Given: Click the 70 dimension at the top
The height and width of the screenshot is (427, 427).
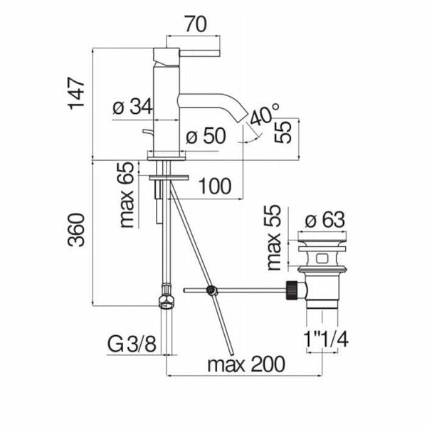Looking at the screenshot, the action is [x=196, y=24].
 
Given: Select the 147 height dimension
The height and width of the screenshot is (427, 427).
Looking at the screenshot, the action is [x=76, y=93].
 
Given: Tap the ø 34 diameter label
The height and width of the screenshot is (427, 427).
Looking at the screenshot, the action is [x=132, y=107].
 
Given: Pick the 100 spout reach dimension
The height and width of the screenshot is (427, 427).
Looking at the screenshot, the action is [x=215, y=186].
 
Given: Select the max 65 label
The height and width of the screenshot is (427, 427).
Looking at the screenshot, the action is [x=127, y=195].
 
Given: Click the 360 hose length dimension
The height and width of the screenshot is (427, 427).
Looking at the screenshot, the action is [x=76, y=231].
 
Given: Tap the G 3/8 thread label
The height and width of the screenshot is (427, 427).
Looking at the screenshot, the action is [x=132, y=344].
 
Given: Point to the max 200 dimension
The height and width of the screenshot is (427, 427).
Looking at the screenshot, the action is [x=246, y=364].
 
